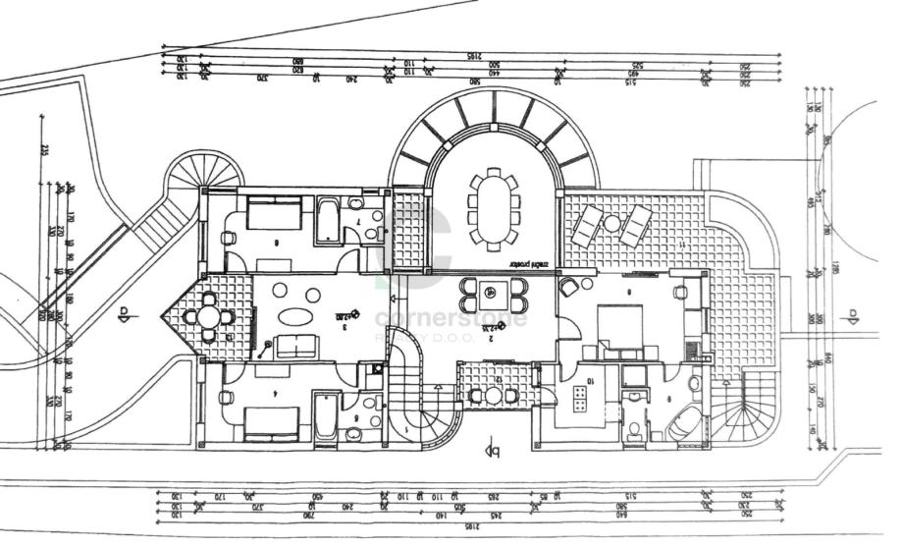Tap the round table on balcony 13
pos(208,317)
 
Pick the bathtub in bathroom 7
pos(327,221)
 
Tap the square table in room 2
pos(494,293)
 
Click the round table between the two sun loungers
pos(612,224)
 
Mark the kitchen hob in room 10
pos(579,399)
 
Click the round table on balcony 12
pos(494,396)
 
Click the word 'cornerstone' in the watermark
pos(451,318)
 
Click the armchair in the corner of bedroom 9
pos(568,288)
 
